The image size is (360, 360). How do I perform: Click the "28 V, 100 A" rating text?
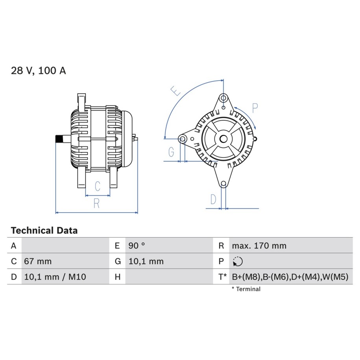(38, 70)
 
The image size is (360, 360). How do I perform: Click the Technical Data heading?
(44, 230)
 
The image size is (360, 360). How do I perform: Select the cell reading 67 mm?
(38, 261)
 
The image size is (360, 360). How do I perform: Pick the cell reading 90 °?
(137, 246)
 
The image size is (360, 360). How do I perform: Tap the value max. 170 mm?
(259, 246)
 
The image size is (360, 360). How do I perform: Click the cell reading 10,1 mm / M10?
(55, 277)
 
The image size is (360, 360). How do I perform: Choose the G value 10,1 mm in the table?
(146, 261)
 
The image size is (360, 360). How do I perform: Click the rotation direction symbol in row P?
(238, 261)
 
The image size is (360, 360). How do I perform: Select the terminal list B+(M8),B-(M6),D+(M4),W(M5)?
(290, 277)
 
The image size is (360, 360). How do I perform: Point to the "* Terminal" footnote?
(246, 289)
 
